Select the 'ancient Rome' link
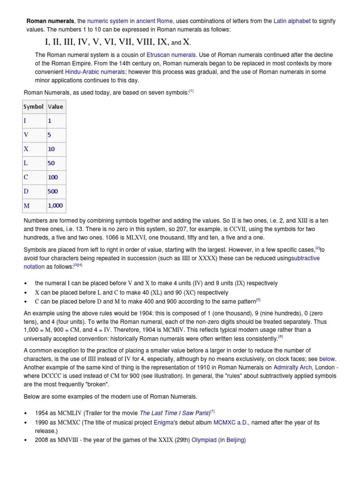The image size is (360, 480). [154, 21]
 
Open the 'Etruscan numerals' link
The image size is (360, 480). [171, 55]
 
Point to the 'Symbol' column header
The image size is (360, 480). [33, 107]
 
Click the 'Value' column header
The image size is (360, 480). [55, 107]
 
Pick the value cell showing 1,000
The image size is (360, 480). [55, 205]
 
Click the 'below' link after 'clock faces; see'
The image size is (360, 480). [327, 359]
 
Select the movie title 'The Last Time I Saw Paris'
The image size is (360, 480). [174, 413]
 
